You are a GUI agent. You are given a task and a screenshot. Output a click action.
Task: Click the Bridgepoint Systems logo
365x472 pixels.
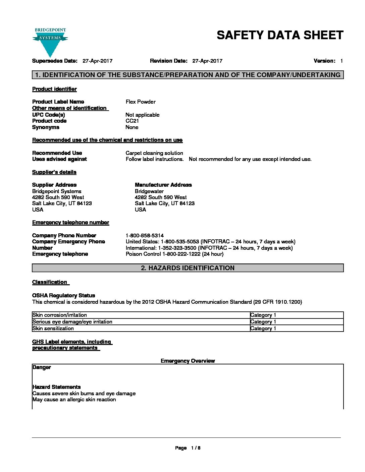coord(50,42)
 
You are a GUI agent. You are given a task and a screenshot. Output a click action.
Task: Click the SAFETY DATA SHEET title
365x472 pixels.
coord(280,35)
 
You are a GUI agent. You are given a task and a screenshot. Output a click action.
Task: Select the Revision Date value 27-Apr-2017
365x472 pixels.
coord(207,61)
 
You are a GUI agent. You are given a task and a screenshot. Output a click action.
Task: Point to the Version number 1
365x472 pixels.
coord(341,61)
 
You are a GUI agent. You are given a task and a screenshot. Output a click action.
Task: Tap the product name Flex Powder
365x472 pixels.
coord(141,102)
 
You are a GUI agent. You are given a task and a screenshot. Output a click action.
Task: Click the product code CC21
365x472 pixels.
coord(132,121)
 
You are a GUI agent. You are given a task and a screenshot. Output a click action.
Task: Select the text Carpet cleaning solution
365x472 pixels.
coord(154,153)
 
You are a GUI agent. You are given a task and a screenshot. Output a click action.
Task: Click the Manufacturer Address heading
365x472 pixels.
coord(163,185)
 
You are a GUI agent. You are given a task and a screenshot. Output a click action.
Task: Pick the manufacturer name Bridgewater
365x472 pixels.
coord(149,191)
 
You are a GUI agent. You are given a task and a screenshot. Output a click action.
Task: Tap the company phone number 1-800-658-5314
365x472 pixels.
coord(145,235)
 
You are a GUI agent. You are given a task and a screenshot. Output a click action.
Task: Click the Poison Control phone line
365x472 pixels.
coord(174,254)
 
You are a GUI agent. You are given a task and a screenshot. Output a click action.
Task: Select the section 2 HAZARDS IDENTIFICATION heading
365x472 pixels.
coord(188,268)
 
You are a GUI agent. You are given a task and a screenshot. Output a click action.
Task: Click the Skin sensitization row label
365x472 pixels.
coord(53,329)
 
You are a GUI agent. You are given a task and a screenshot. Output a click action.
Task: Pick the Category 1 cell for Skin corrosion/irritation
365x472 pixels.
coord(263,315)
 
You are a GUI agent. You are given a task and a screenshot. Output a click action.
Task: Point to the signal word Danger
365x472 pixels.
coord(42,367)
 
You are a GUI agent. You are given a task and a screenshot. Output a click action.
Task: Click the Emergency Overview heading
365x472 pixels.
coord(188,361)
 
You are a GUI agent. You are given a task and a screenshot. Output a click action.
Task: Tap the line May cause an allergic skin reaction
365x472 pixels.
coord(74,400)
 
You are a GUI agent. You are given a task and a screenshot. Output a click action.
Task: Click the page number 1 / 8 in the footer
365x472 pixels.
coord(195,448)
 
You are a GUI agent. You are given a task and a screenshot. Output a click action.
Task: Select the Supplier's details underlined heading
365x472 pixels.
coord(54,172)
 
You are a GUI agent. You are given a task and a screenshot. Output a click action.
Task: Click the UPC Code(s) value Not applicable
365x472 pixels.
coord(142,115)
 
